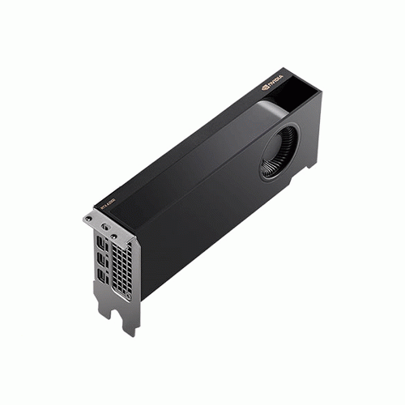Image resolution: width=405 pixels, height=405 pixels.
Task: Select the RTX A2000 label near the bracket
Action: pos(109,204)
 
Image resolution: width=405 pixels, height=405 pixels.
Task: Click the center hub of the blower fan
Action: pos(280,150)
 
